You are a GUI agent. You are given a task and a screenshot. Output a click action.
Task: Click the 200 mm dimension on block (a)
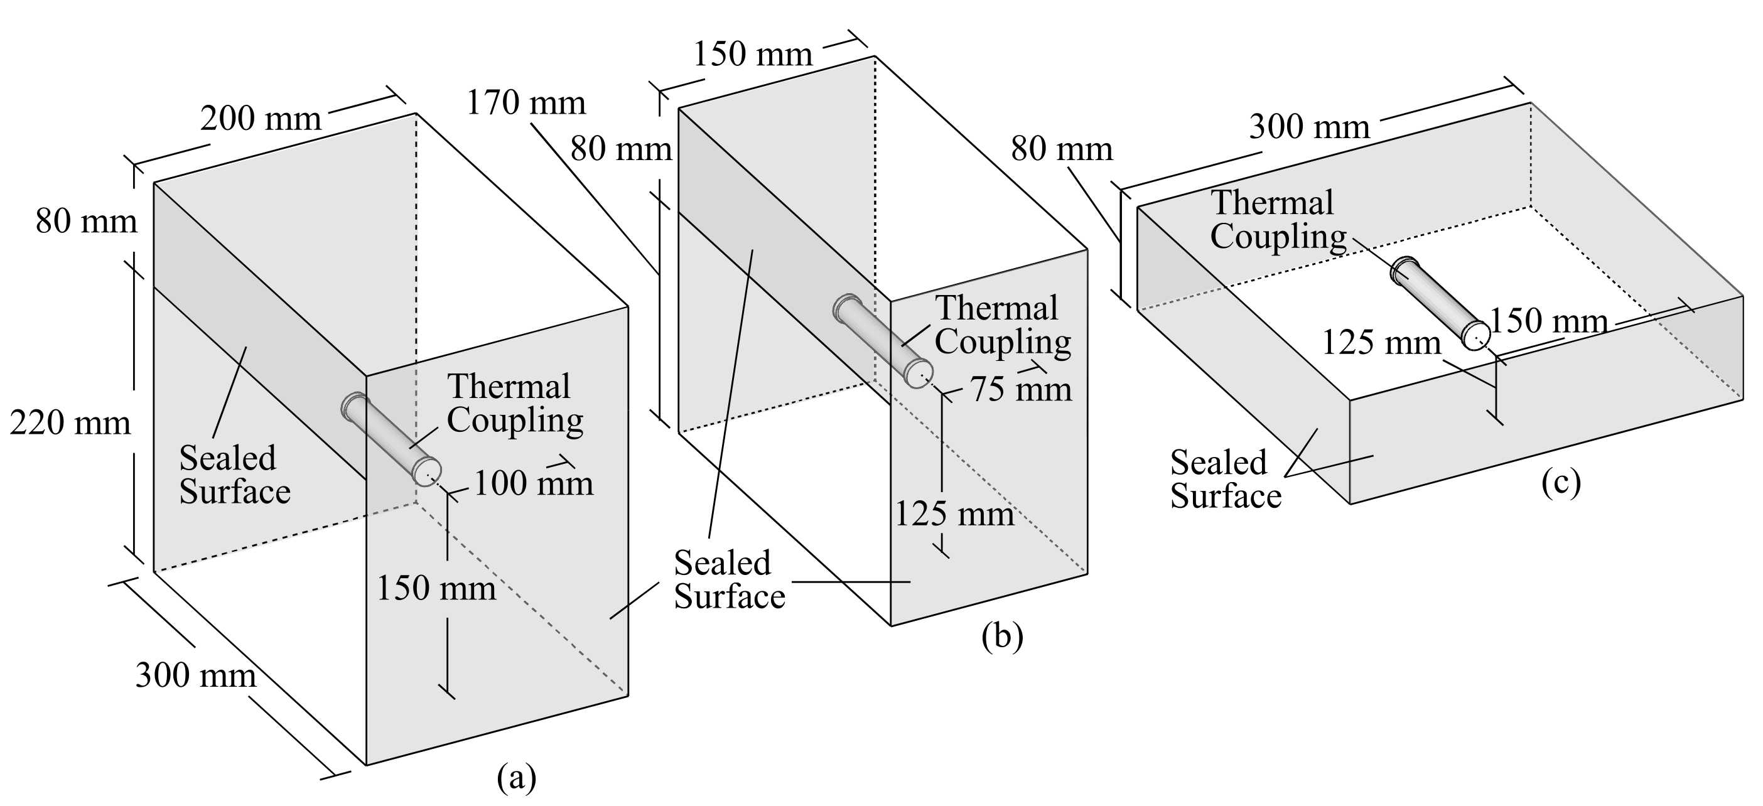click(260, 119)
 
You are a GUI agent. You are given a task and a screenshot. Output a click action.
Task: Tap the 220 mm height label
click(70, 424)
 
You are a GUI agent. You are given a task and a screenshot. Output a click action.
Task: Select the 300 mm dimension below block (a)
click(196, 675)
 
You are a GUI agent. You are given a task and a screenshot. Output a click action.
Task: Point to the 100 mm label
click(532, 484)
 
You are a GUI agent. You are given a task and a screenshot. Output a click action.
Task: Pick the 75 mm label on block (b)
click(1021, 389)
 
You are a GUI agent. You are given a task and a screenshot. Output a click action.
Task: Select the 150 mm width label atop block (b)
click(752, 54)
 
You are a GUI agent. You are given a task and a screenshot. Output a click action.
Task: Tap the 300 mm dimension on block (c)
click(1309, 127)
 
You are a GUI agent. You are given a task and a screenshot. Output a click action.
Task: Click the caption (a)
click(516, 778)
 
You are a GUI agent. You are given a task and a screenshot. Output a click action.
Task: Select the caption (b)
click(1002, 637)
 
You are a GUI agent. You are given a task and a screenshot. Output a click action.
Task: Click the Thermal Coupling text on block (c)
click(1277, 220)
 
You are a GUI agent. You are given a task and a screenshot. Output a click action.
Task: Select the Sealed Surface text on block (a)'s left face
click(234, 475)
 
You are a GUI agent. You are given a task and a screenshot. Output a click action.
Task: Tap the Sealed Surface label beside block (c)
click(1225, 479)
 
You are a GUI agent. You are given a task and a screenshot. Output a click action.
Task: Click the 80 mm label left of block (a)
click(86, 222)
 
